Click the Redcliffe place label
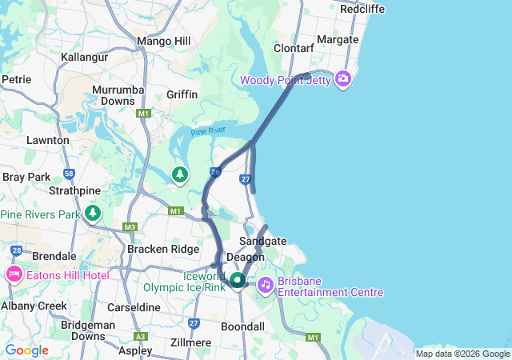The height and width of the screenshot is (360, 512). [x=362, y=9]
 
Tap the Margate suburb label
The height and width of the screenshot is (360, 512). [x=338, y=39]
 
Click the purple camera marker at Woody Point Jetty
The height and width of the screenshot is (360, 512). [x=343, y=78]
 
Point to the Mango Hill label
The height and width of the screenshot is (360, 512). [x=162, y=41]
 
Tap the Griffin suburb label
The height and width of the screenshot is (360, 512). [x=182, y=94]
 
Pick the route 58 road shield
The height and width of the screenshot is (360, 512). [x=70, y=173]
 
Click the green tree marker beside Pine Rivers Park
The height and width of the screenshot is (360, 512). [x=94, y=213]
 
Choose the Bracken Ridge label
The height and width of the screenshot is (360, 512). [x=163, y=249]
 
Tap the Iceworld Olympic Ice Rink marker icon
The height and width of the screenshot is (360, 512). [x=238, y=281]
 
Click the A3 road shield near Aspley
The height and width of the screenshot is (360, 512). [x=142, y=337]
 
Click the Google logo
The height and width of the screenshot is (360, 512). [x=27, y=350]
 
